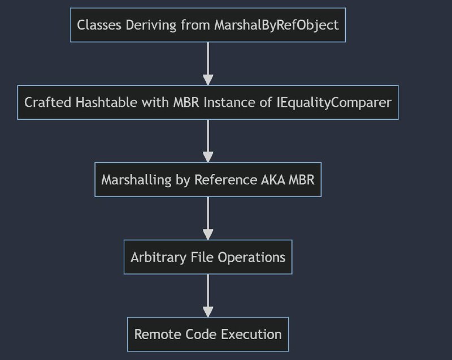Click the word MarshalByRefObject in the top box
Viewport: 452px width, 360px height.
coord(276,25)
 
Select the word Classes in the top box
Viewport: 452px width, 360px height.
coord(99,25)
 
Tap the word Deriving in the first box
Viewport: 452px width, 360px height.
coord(151,25)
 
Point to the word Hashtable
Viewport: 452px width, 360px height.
coord(106,102)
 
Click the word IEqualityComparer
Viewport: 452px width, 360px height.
coord(334,103)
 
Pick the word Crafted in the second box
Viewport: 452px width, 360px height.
coord(47,102)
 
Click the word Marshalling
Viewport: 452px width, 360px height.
coord(136,180)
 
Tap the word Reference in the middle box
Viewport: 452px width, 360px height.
coord(225,180)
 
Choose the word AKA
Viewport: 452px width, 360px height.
coord(273,180)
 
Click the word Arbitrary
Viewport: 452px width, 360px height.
coord(158,258)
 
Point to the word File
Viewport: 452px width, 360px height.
coord(202,257)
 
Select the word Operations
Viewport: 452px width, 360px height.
coord(251,258)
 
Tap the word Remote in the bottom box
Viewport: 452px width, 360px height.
coord(158,335)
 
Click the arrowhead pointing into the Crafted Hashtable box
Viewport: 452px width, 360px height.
coord(208,80)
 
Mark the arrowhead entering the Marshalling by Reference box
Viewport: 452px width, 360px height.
coord(208,157)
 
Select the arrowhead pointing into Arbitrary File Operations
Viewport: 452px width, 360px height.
coord(208,235)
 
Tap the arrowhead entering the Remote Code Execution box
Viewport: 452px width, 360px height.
coord(208,312)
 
